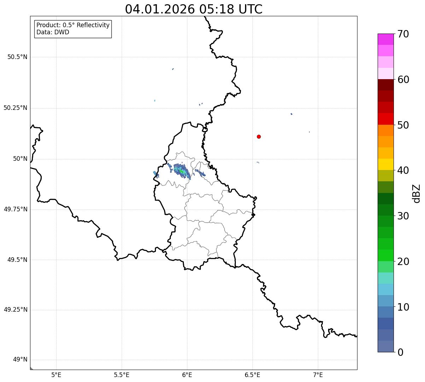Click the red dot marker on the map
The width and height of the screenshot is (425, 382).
point(259,136)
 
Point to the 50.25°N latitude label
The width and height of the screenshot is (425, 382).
point(16,108)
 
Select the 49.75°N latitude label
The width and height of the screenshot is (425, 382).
point(16,209)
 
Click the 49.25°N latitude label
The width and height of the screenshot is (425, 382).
point(16,310)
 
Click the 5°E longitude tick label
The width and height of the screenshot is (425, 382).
point(56,375)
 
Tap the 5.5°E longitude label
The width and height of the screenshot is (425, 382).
point(122,375)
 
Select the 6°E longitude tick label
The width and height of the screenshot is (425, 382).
point(187,375)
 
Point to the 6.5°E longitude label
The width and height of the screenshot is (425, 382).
point(252,375)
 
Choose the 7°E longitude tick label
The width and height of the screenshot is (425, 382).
point(318,375)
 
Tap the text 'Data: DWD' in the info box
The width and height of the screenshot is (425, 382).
point(53,33)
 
